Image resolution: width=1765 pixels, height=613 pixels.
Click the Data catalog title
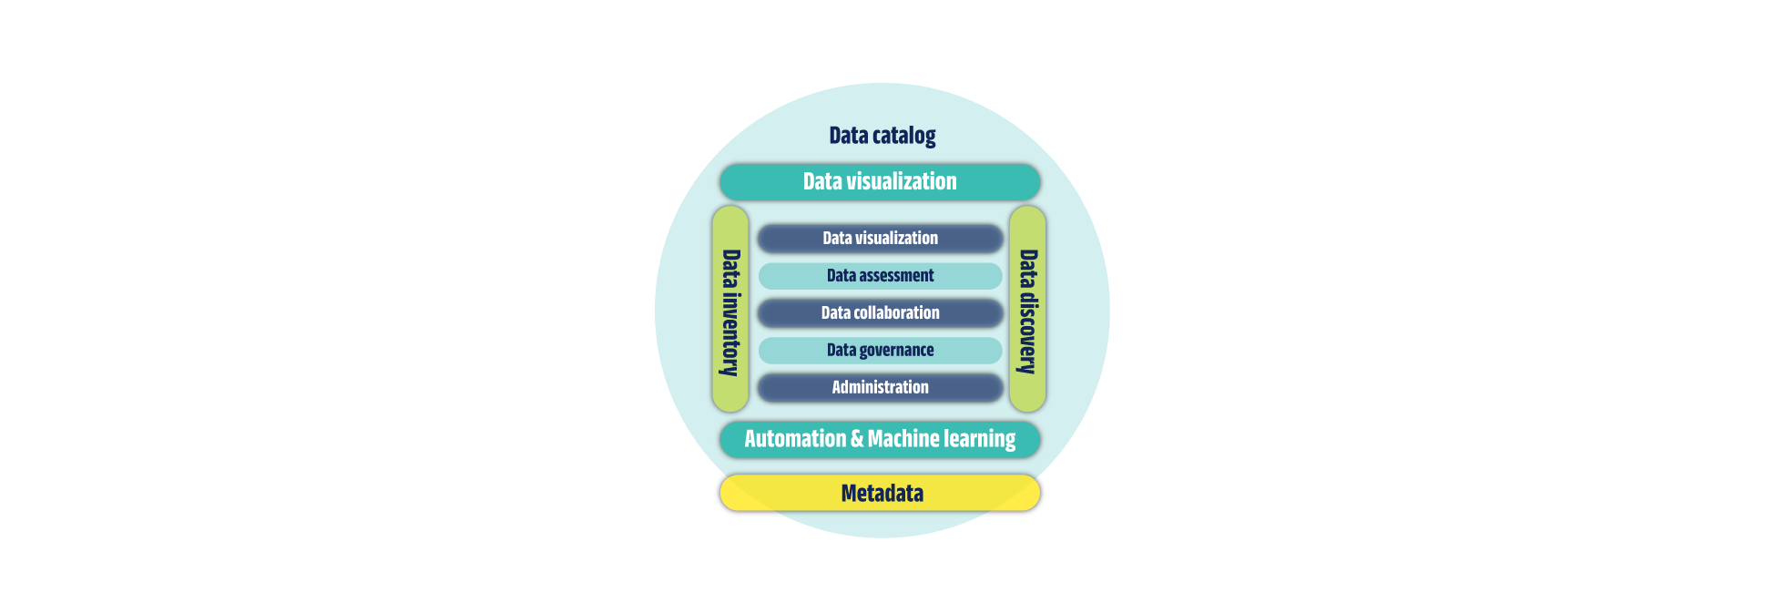882,136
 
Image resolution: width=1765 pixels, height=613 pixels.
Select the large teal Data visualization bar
880,182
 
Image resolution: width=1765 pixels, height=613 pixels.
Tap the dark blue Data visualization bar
880,239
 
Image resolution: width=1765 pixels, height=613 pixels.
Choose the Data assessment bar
880,276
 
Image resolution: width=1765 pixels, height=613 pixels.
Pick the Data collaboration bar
880,313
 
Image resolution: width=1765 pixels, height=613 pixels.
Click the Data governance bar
880,351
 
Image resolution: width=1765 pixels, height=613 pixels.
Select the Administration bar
880,388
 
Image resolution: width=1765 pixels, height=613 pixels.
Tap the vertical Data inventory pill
730,310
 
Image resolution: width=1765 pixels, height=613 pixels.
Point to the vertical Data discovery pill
1027,310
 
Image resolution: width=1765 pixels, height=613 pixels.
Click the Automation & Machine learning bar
880,439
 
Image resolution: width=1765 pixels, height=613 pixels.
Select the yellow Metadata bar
880,493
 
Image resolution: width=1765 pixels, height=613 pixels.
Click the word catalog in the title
903,137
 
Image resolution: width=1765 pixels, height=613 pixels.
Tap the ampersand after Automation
856,439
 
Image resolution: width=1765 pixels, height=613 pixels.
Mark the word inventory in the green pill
730,334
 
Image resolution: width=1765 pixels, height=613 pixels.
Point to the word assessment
896,276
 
